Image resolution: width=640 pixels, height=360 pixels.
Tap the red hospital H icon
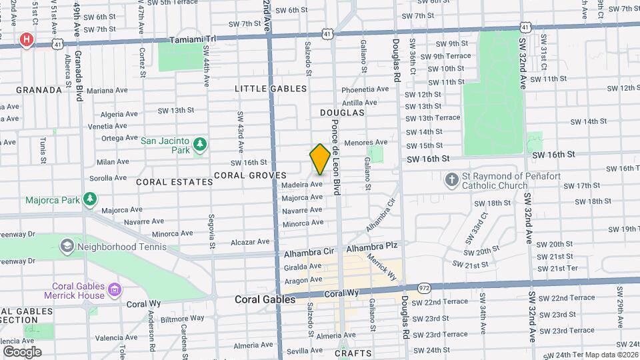(27, 39)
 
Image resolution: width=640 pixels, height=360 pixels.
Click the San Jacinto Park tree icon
(199, 144)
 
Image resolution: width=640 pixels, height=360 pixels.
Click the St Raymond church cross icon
(451, 180)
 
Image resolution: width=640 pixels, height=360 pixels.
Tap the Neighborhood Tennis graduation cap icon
(67, 247)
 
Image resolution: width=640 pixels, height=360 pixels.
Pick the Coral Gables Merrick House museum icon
(115, 289)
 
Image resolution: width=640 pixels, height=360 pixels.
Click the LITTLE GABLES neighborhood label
(271, 89)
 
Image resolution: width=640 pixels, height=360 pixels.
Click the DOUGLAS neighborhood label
(342, 113)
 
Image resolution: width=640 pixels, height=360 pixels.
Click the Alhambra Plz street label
(372, 246)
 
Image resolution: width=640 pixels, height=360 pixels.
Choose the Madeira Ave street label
(302, 184)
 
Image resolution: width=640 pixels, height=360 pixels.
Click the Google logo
(22, 351)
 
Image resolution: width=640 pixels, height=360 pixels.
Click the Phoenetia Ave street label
(365, 89)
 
